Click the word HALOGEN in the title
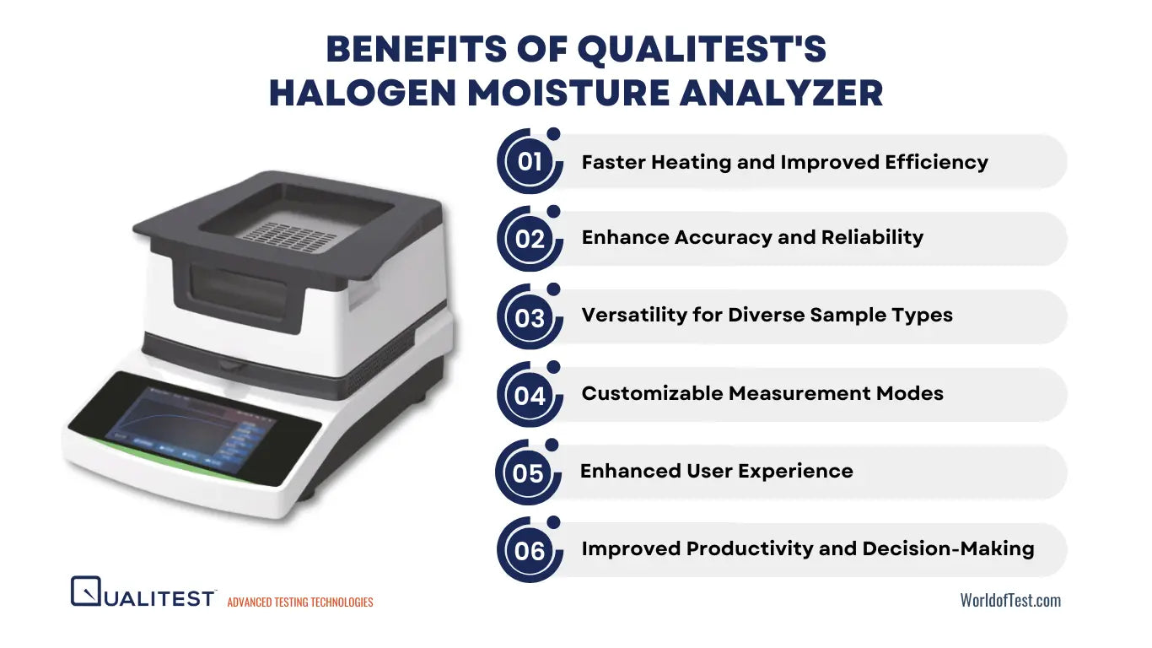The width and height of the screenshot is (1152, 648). point(363,93)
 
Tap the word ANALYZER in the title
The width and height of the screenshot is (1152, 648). point(781,93)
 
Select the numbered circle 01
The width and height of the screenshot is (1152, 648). point(530,162)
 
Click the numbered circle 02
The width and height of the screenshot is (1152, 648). point(530,239)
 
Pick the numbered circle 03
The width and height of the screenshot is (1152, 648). point(530,317)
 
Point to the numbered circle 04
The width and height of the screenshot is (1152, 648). point(530,395)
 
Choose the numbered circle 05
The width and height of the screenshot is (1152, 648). point(528,472)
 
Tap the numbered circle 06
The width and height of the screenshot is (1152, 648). point(530,550)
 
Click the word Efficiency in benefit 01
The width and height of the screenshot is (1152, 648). point(936,163)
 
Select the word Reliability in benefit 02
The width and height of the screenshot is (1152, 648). point(872,237)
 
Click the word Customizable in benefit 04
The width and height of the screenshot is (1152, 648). point(652,394)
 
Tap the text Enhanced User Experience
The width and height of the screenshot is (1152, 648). point(716,472)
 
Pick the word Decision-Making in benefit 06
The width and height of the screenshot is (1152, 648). point(949,548)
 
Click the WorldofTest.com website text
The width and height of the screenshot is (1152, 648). point(1010,600)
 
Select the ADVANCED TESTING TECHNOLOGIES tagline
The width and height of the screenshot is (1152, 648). point(300,602)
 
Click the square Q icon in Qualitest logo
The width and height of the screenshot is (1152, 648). point(85,591)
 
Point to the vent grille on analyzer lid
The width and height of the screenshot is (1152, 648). point(289,237)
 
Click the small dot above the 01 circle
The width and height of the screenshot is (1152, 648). point(553,134)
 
